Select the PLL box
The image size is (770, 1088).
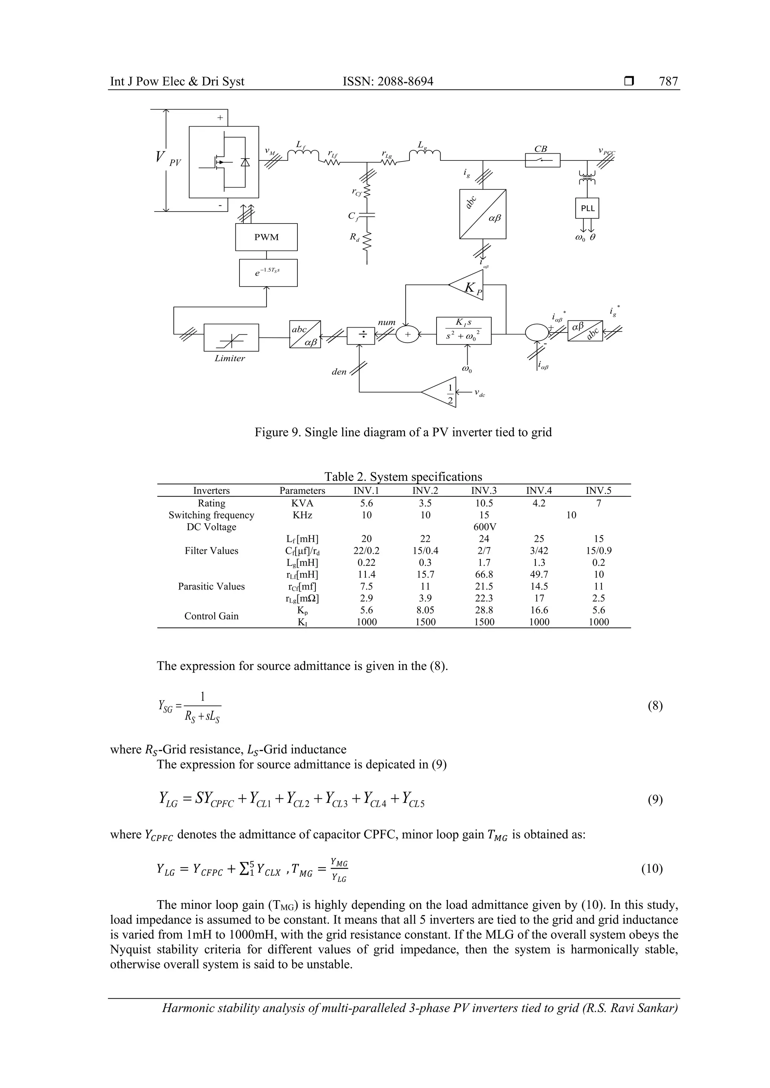click(x=587, y=208)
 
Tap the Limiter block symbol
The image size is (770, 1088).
click(x=231, y=337)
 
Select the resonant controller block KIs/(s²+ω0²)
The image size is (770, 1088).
click(x=463, y=330)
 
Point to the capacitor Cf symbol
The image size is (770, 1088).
click(x=367, y=216)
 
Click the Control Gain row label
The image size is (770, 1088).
click(x=211, y=616)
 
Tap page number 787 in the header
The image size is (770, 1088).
click(x=668, y=82)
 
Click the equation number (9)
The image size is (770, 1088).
click(x=655, y=800)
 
